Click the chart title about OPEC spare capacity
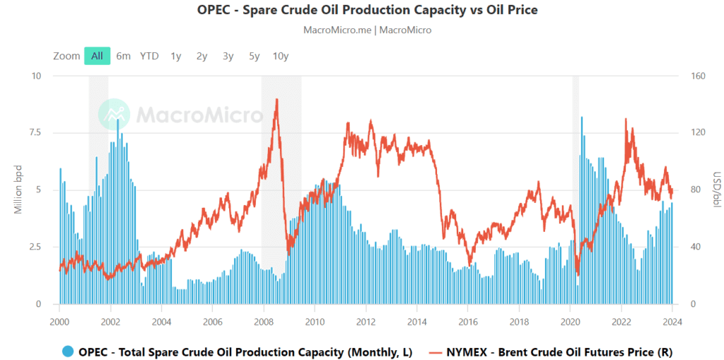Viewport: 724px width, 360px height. [x=362, y=11]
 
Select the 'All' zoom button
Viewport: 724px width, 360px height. [x=97, y=56]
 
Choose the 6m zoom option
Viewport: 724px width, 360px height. [x=124, y=56]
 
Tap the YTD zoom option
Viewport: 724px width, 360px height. [x=149, y=56]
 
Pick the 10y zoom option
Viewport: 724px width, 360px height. [x=281, y=56]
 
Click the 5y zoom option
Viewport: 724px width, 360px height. [x=255, y=56]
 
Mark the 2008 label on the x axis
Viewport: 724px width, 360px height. [x=264, y=320]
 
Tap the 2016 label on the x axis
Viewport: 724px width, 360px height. [x=468, y=320]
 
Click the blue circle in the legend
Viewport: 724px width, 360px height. [x=68, y=352]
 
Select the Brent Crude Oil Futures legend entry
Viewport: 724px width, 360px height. [x=551, y=352]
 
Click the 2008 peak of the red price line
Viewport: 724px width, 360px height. [x=276, y=100]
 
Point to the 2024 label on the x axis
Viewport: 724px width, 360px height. [x=672, y=320]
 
